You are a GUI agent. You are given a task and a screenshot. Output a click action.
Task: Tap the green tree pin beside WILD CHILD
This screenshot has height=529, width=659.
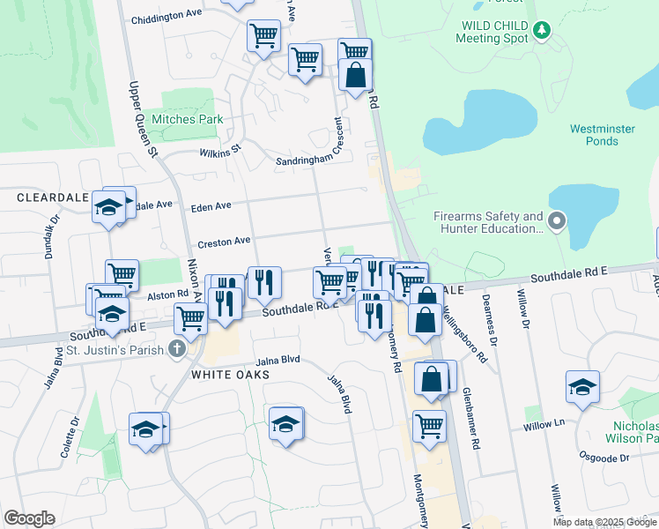coord(542,31)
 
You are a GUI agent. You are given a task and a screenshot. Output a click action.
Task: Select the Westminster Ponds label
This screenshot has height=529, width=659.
coord(602,135)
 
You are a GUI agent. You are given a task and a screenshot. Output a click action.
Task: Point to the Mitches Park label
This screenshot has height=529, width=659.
coord(187,119)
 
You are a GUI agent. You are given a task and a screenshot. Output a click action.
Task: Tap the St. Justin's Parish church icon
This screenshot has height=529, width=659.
coord(177,349)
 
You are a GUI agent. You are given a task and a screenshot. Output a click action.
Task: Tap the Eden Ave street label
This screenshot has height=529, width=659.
coord(211,205)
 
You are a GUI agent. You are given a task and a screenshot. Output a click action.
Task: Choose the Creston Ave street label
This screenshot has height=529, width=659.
coord(224,240)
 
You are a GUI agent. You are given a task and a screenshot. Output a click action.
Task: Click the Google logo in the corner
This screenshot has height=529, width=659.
coord(29,518)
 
